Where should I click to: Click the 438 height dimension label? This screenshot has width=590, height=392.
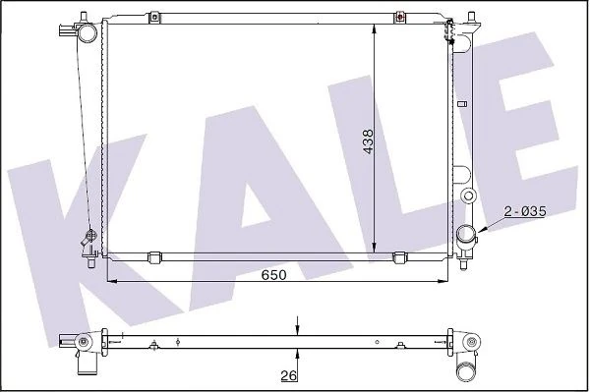pyautogui.click(x=369, y=141)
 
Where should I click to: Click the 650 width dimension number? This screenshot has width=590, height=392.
pyautogui.click(x=274, y=275)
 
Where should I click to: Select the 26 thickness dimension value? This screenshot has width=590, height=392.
pyautogui.click(x=288, y=375)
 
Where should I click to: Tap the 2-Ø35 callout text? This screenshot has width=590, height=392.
pyautogui.click(x=525, y=211)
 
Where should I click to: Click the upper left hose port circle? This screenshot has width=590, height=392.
pyautogui.click(x=88, y=32)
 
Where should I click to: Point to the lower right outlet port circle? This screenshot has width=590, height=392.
pyautogui.click(x=466, y=234)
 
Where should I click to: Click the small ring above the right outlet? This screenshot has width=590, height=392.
pyautogui.click(x=469, y=196)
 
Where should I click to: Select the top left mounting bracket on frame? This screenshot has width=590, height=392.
pyautogui.click(x=154, y=17)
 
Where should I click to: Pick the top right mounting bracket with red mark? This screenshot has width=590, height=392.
pyautogui.click(x=400, y=17)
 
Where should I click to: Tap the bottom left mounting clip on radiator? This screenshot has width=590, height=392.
pyautogui.click(x=154, y=257)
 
